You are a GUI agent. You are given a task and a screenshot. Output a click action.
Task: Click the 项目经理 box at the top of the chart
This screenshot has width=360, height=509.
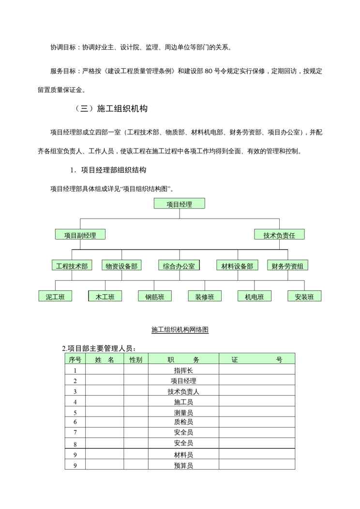coord(179,204)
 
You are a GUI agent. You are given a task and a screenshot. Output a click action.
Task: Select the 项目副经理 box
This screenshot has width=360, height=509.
coord(80,235)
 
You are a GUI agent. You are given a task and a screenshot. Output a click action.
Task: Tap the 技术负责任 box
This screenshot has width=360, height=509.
coord(279,235)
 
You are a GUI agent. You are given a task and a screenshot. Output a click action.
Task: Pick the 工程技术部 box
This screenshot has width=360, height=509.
coord(72,266)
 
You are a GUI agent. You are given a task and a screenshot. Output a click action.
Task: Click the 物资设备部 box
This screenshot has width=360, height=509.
coord(121,266)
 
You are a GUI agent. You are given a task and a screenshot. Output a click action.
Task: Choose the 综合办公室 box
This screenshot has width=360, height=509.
coord(179,266)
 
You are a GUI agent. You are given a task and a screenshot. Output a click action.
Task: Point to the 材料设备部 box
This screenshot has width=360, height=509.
coord(237,266)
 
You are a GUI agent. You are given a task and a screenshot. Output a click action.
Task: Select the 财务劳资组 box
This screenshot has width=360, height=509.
coord(288,266)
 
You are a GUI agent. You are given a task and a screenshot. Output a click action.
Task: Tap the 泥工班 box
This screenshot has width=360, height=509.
coord(55,297)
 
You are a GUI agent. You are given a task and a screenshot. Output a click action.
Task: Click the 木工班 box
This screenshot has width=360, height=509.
coord(105,297)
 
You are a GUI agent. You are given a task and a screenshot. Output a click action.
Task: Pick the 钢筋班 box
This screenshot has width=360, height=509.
coord(155,297)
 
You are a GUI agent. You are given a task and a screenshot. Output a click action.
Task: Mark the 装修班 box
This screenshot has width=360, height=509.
coord(205,297)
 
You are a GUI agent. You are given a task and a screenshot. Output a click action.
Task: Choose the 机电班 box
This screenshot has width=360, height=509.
coord(255,297)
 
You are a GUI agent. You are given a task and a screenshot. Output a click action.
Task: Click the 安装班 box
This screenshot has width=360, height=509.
coord(304,297)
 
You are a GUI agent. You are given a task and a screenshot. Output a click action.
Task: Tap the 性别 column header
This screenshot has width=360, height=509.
coord(135,359)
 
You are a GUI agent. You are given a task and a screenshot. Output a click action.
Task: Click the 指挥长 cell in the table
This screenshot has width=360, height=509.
coord(183,370)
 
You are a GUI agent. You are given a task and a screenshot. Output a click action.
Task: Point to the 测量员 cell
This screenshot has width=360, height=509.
coord(183,412)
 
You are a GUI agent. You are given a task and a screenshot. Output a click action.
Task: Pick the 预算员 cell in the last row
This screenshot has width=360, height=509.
coord(183,465)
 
